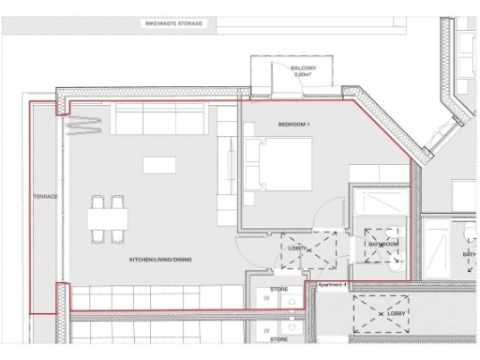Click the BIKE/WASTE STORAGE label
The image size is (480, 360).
pyautogui.click(x=173, y=20)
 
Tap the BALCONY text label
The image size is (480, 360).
pyautogui.click(x=302, y=67)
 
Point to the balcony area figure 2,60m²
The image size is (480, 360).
pyautogui.click(x=302, y=74)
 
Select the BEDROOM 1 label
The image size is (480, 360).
pyautogui.click(x=293, y=125)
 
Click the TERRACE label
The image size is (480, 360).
pyautogui.click(x=45, y=197)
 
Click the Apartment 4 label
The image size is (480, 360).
pyautogui.click(x=333, y=284)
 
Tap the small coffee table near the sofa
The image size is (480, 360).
pyautogui.click(x=157, y=165)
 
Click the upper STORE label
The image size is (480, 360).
pyautogui.click(x=278, y=291)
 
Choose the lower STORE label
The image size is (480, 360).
pyautogui.click(x=278, y=343)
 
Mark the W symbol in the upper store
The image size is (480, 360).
pyautogui.click(x=266, y=304)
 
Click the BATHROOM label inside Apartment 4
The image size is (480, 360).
pyautogui.click(x=383, y=244)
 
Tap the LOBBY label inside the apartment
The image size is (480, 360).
pyautogui.click(x=298, y=248)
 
